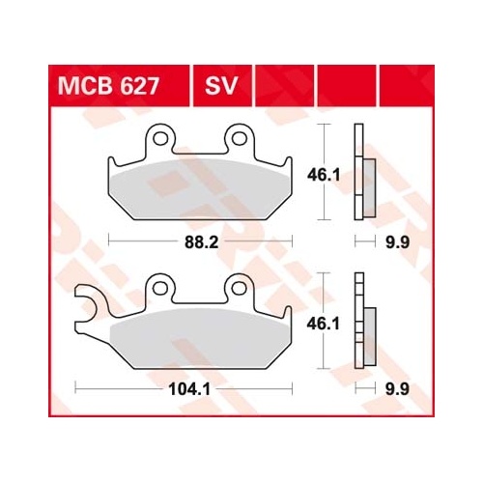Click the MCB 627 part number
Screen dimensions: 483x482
click(x=108, y=86)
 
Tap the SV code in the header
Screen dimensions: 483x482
click(x=221, y=86)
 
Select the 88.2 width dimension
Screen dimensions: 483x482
click(x=202, y=242)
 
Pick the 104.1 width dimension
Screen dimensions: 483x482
click(x=190, y=389)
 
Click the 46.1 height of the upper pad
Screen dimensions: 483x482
click(x=324, y=176)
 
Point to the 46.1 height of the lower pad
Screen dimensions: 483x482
click(x=324, y=324)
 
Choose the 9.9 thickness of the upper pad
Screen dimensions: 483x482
click(x=398, y=242)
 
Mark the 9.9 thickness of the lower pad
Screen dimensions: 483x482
click(x=398, y=389)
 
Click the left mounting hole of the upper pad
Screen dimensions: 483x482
click(x=160, y=138)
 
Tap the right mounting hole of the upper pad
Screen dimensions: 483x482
click(x=240, y=138)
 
